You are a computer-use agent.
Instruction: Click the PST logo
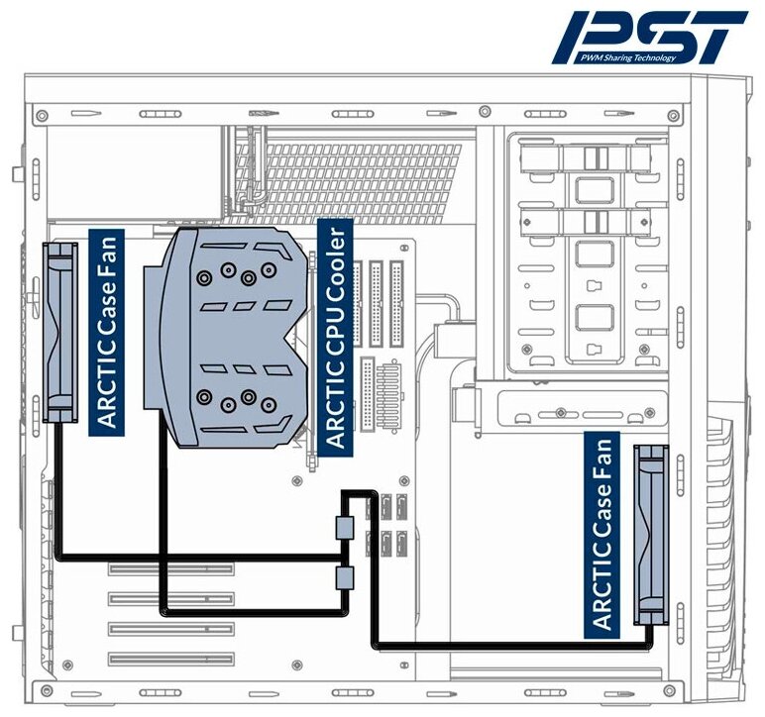(649, 38)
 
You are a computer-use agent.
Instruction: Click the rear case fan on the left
(63, 333)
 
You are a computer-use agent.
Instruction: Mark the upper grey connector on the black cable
(345, 528)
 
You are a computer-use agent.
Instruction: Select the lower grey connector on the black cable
(345, 578)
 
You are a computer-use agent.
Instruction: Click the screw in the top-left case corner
(41, 116)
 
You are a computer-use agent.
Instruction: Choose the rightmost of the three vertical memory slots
(397, 302)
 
